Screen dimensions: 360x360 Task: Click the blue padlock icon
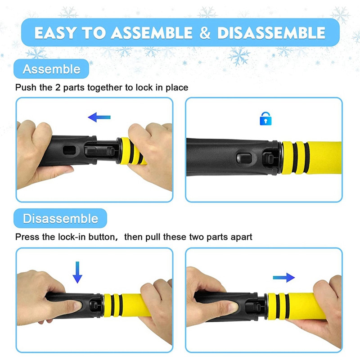tap(265, 119)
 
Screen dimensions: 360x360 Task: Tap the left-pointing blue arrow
tap(99, 117)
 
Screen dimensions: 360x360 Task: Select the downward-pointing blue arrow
tap(77, 272)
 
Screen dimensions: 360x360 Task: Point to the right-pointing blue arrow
tap(284, 278)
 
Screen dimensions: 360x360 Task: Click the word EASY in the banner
tap(55, 32)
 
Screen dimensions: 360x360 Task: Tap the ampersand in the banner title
tap(205, 32)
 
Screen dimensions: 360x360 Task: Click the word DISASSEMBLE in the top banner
tap(271, 32)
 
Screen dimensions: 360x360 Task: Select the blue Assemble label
tap(51, 69)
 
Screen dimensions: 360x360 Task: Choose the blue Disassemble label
tap(60, 218)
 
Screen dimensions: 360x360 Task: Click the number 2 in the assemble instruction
tap(58, 87)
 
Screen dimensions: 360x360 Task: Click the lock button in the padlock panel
tap(244, 158)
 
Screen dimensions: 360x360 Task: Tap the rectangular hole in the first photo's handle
tap(69, 150)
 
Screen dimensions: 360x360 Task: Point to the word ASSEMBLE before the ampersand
tap(152, 32)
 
